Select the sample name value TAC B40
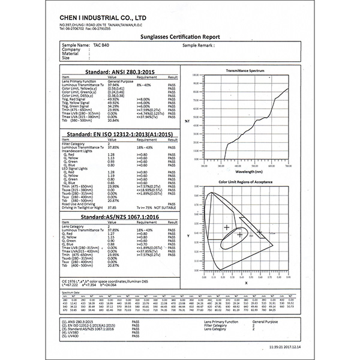point(101,46)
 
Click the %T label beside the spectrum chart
point(187,121)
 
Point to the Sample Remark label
point(197,46)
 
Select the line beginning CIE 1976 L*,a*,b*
point(105,281)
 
